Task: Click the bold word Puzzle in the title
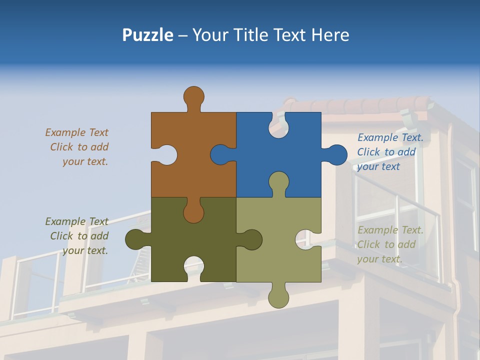[147, 35]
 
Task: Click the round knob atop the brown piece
[193, 95]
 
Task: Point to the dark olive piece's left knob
[134, 239]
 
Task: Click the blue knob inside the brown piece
[220, 154]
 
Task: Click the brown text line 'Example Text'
[76, 132]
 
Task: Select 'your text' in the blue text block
[378, 166]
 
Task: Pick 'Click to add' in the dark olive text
[79, 236]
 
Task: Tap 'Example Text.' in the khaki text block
[390, 230]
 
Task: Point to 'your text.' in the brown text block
[85, 161]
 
